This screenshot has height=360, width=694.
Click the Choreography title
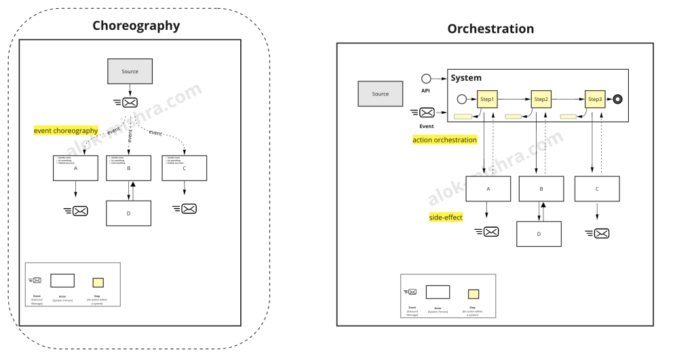point(136,26)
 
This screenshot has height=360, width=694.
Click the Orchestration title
point(490,28)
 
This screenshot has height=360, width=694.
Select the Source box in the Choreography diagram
point(130,71)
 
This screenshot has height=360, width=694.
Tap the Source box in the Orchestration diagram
point(380,94)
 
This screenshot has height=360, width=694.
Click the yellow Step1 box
point(487,99)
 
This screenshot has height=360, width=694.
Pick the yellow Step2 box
point(541,99)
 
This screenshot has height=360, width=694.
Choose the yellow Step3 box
point(595,99)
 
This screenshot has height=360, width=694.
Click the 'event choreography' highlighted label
point(66,130)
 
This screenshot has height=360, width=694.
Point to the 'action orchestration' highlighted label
point(444,140)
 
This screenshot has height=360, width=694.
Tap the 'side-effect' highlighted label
point(446,218)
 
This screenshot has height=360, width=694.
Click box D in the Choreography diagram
point(128,213)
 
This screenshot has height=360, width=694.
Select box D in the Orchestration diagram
point(539,234)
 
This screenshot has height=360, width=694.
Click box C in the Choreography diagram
point(184,168)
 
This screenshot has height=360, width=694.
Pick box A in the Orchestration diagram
point(488,189)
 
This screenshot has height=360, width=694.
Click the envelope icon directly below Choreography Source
point(130,102)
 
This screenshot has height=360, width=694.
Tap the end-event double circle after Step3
point(617,99)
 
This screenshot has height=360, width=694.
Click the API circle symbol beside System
point(426,79)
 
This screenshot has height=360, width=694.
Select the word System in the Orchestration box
point(466,78)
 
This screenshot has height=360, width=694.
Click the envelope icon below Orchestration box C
point(600,233)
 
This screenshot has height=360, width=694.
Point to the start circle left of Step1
point(462,99)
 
